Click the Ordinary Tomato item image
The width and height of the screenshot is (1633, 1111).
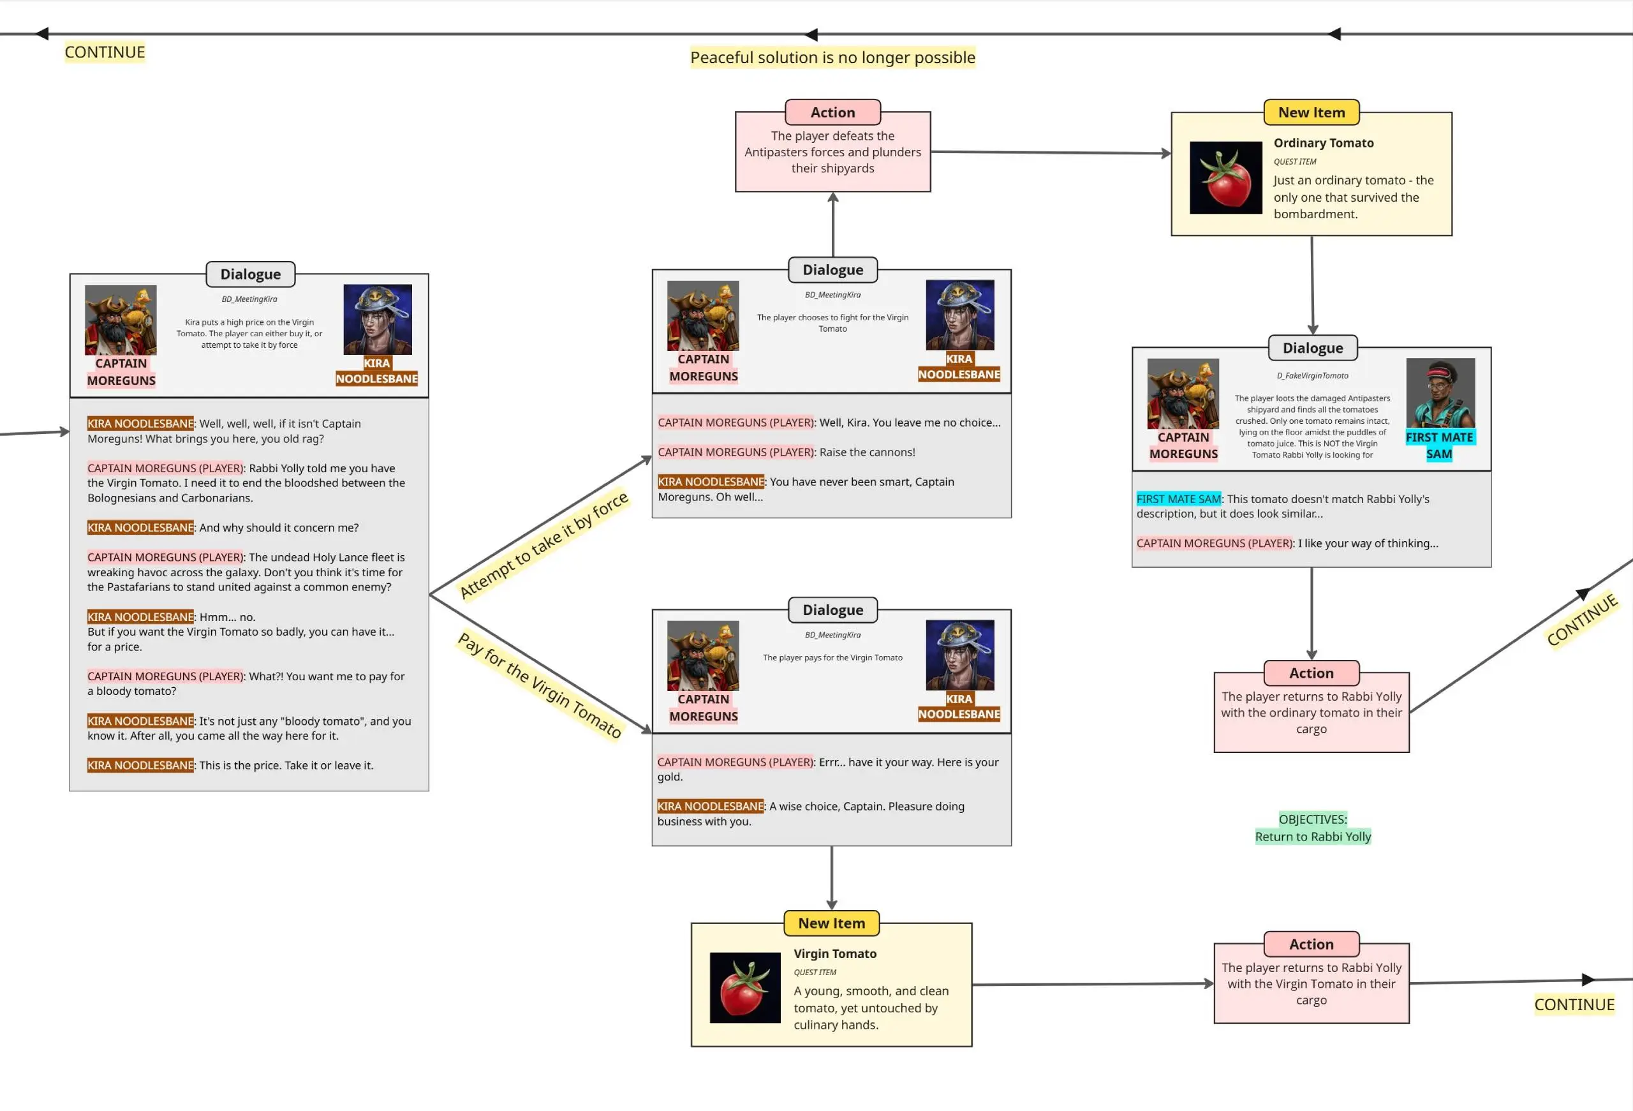1225,177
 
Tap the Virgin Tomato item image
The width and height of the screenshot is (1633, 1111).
745,987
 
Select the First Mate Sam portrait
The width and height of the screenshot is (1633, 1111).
1440,393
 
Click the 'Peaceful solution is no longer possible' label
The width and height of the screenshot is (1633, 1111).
832,57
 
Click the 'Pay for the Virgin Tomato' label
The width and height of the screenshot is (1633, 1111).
540,685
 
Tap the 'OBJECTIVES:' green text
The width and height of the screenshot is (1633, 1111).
1313,819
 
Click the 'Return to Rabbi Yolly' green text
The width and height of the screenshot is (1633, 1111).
1313,836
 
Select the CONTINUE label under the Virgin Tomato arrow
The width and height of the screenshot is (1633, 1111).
1574,1004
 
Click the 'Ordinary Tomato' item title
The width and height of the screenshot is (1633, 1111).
1323,143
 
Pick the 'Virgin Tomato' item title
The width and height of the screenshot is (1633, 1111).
835,953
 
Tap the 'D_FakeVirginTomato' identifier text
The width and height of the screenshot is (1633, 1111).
1312,376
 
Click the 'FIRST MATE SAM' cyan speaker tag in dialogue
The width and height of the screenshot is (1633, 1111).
1178,499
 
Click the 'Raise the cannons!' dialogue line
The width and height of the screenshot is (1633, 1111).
866,452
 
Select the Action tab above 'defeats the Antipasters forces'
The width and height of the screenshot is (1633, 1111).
832,112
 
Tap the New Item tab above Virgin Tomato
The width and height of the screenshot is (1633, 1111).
831,923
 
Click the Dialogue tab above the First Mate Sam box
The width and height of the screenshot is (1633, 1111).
1312,348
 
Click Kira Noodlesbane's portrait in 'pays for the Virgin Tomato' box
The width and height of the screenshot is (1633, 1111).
960,655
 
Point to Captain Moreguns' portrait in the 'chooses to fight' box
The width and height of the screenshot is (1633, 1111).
703,315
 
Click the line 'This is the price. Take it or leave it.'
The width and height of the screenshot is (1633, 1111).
285,765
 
